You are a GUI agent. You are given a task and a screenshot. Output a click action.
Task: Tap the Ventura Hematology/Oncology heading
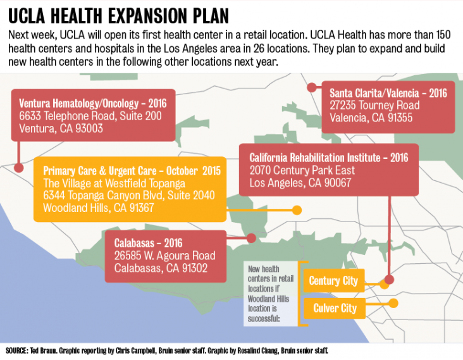[92, 103]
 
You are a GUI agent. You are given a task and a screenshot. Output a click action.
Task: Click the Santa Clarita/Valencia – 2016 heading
[388, 92]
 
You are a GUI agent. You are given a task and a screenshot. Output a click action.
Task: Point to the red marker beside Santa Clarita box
[311, 89]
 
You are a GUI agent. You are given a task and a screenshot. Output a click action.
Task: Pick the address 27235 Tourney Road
[374, 105]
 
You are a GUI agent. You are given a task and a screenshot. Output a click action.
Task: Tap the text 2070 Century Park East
[302, 170]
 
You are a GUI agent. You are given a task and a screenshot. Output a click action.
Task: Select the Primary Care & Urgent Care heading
[132, 170]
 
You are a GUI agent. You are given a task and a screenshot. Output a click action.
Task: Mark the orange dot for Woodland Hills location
[297, 209]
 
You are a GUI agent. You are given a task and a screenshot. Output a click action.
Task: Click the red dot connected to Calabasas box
[251, 239]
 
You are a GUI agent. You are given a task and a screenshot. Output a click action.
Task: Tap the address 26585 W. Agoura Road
[164, 256]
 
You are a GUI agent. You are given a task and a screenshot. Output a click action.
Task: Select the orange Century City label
[333, 280]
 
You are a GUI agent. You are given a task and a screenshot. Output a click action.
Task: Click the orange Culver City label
[335, 309]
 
